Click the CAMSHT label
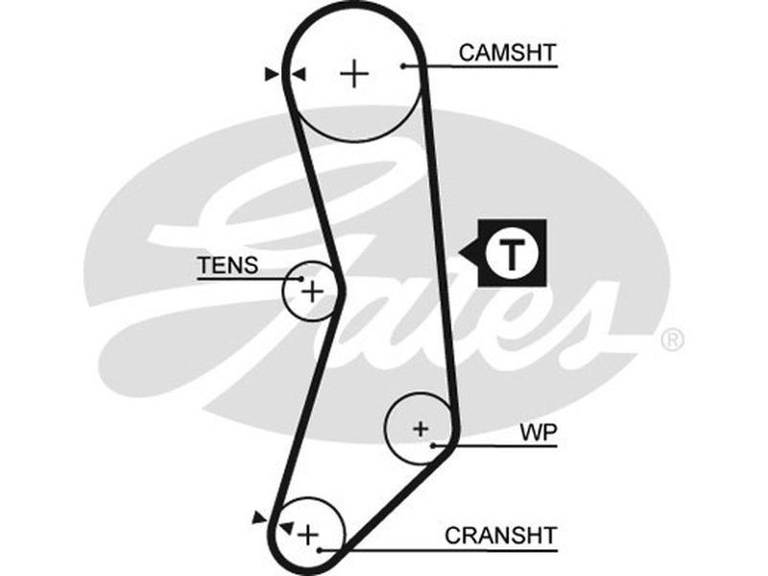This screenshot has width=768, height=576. (507, 52)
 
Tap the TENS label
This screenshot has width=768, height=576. (228, 265)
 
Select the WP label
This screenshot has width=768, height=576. (539, 432)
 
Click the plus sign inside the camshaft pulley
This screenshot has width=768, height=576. (355, 73)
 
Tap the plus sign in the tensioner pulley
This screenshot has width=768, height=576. (311, 289)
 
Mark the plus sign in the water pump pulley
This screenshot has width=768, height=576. (420, 428)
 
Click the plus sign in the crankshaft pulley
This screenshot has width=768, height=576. (307, 534)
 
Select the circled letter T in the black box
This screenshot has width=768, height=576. (511, 254)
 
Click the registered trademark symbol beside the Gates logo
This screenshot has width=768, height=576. (673, 339)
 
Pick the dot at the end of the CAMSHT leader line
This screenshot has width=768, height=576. (405, 65)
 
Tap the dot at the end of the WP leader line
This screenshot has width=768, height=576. (435, 445)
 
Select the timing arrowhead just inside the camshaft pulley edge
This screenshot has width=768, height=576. (299, 73)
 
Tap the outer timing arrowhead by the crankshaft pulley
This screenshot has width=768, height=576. (258, 517)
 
